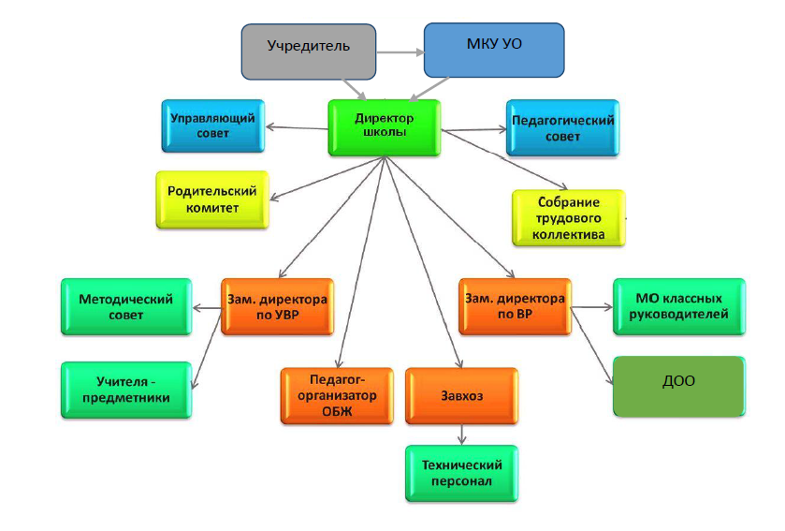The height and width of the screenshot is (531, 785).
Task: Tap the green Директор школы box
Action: pyautogui.click(x=384, y=125)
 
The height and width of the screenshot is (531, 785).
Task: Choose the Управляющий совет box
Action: pyautogui.click(x=212, y=125)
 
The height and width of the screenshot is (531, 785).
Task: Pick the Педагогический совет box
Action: pyautogui.click(x=562, y=128)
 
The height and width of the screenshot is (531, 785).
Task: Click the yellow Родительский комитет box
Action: pyautogui.click(x=211, y=199)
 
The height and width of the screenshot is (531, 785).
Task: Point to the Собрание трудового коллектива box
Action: pyautogui.click(x=569, y=218)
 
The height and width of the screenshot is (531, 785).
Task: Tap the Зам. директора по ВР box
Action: pyautogui.click(x=514, y=306)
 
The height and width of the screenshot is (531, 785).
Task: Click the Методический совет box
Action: pyautogui.click(x=125, y=306)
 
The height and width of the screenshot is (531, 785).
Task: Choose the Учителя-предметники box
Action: pyautogui.click(x=125, y=389)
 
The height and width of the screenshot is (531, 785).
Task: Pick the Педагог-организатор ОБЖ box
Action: pyautogui.click(x=335, y=396)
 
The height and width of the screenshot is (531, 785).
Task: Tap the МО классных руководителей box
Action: pyautogui.click(x=679, y=306)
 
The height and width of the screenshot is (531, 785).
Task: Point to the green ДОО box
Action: pyautogui.click(x=679, y=384)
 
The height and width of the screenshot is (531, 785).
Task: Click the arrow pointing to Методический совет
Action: pyautogui.click(x=206, y=307)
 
